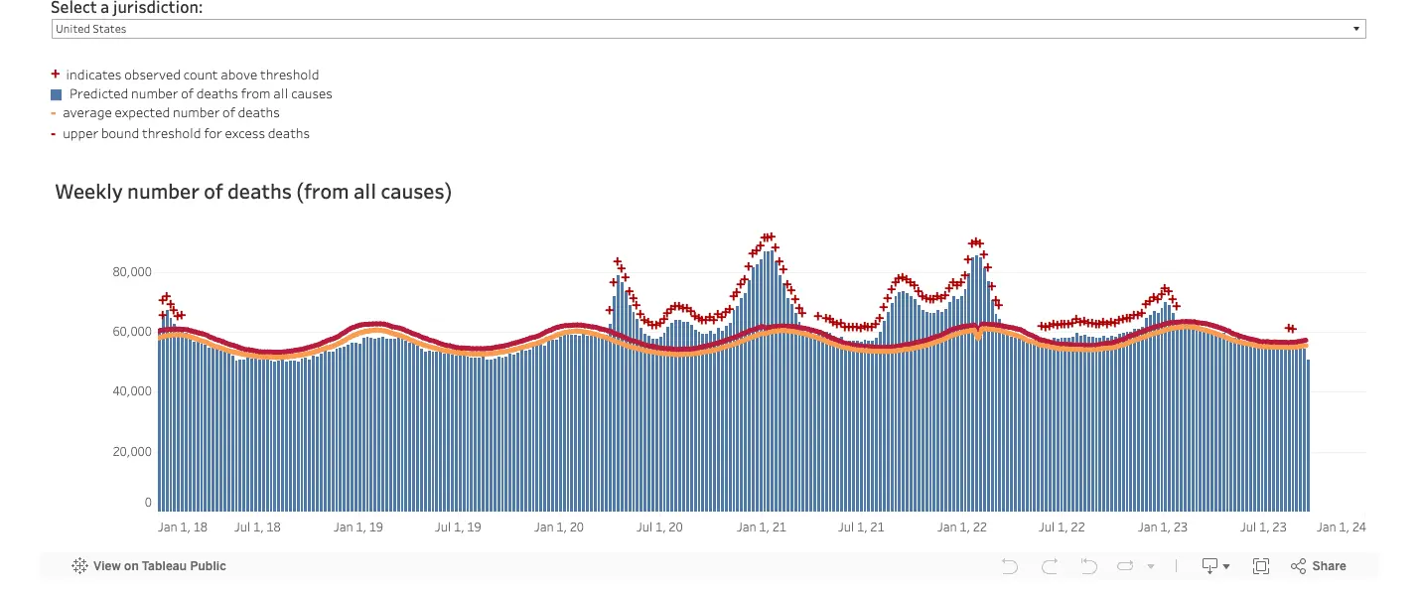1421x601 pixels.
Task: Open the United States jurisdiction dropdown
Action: [x=708, y=29]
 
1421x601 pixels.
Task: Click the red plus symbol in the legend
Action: [x=56, y=75]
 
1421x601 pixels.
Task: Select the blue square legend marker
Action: [x=57, y=94]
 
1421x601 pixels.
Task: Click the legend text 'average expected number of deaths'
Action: [x=171, y=113]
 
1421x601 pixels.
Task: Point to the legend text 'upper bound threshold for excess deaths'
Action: [x=186, y=133]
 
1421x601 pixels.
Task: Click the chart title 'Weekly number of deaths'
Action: [x=253, y=192]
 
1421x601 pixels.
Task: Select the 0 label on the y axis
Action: [x=147, y=504]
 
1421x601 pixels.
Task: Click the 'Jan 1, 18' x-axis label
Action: [x=183, y=527]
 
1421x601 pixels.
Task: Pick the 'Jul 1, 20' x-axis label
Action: [x=659, y=527]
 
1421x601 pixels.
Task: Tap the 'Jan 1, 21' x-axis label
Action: [x=762, y=527]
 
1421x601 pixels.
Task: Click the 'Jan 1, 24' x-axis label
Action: [x=1341, y=527]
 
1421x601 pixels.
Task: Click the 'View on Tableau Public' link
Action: [x=149, y=566]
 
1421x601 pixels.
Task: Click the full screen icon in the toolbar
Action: [x=1260, y=566]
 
